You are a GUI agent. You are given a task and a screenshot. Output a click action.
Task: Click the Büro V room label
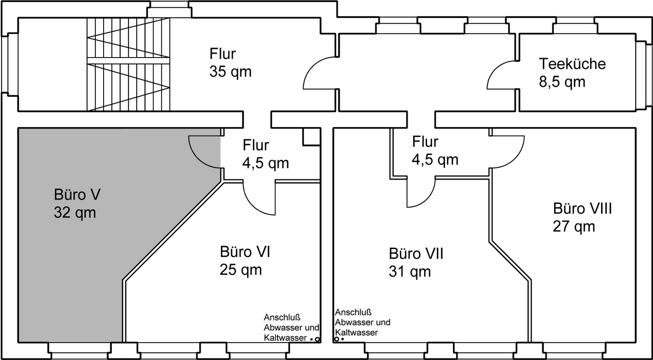77,194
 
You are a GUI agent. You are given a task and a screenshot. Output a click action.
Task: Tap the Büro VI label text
245,252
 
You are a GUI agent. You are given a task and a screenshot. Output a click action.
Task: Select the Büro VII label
416,253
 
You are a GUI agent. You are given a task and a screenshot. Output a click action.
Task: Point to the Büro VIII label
583,209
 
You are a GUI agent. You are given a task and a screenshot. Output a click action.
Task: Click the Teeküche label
572,64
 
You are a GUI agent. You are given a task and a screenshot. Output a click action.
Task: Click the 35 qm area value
230,72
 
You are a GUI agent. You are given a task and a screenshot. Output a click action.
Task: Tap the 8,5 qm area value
562,82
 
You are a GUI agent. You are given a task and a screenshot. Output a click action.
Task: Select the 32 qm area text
75,212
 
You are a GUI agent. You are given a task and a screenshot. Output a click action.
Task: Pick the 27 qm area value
574,226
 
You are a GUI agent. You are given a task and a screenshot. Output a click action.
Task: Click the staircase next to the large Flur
128,64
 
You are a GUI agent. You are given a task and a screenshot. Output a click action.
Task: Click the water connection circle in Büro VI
317,340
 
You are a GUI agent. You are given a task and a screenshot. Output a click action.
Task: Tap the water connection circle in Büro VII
336,339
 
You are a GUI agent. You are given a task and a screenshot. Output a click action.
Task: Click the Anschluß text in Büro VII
354,313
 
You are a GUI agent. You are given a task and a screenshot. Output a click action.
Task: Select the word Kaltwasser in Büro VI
285,338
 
